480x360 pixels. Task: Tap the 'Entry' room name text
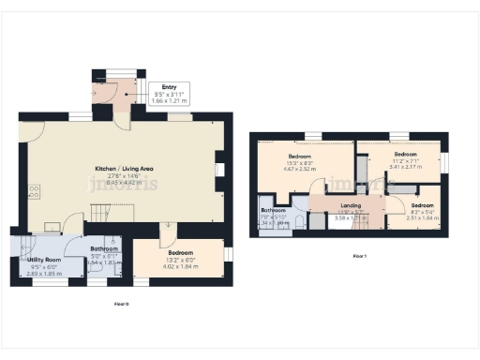point(169,87)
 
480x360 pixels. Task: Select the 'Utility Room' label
point(44,258)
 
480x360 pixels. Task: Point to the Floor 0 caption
point(121,304)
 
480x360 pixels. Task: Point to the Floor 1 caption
point(359,255)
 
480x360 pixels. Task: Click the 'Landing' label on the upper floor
point(351,205)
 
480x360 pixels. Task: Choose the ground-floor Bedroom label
point(180,253)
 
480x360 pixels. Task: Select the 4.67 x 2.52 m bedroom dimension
point(300,170)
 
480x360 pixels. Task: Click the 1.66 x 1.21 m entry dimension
point(169,99)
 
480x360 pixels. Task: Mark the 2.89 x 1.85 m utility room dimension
point(44,273)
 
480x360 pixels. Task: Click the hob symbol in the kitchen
point(35,191)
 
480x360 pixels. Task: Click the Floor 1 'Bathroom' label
point(272,210)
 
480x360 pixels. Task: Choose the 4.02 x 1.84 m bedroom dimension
point(180,267)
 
